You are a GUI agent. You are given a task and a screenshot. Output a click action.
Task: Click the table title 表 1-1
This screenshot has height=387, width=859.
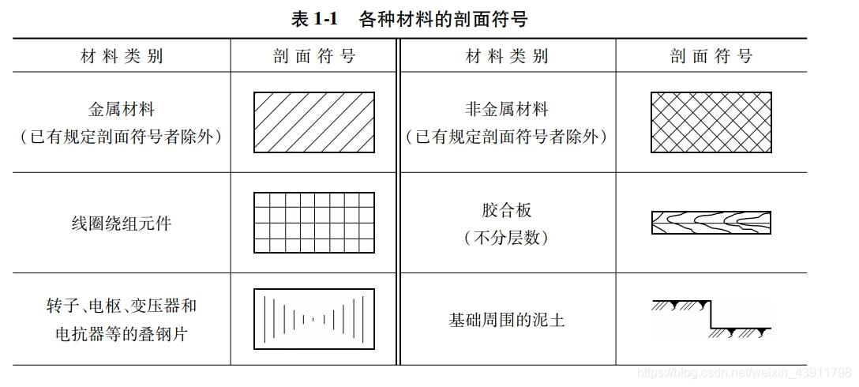[315, 20]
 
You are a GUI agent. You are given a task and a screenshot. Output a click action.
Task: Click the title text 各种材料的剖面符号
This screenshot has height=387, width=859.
[443, 20]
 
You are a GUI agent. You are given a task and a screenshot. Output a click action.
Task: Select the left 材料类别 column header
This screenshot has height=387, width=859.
[122, 56]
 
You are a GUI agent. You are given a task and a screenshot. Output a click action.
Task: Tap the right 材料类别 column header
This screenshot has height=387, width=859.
[507, 56]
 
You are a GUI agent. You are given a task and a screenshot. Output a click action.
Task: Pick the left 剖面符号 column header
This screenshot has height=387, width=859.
[314, 56]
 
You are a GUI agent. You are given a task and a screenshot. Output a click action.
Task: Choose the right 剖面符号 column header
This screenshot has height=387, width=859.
[711, 56]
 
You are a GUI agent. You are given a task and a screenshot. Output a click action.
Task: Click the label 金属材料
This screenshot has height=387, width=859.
[122, 109]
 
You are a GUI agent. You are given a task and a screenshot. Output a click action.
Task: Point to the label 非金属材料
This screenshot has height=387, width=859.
[507, 109]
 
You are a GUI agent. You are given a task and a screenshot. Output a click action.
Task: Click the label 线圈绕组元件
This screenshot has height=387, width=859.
[122, 224]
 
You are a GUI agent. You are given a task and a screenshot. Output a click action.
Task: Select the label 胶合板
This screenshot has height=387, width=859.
[507, 210]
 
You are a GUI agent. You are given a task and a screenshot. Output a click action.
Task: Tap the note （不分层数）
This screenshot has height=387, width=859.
[507, 237]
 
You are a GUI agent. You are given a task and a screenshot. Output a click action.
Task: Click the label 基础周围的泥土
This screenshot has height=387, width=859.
[507, 320]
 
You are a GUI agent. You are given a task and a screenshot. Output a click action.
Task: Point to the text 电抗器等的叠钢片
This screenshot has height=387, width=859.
[122, 333]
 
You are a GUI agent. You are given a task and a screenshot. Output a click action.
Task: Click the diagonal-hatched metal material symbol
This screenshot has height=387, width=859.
[314, 122]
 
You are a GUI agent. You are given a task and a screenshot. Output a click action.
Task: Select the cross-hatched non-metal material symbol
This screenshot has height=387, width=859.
[711, 122]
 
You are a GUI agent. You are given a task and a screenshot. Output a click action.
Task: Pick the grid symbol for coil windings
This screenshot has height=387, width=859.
[314, 223]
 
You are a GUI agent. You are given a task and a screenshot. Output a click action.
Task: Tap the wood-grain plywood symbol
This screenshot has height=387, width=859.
[711, 223]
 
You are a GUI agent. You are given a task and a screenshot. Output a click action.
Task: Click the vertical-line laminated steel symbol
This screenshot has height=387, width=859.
[314, 319]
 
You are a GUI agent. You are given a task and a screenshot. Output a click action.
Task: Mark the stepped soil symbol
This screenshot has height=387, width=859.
[711, 319]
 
